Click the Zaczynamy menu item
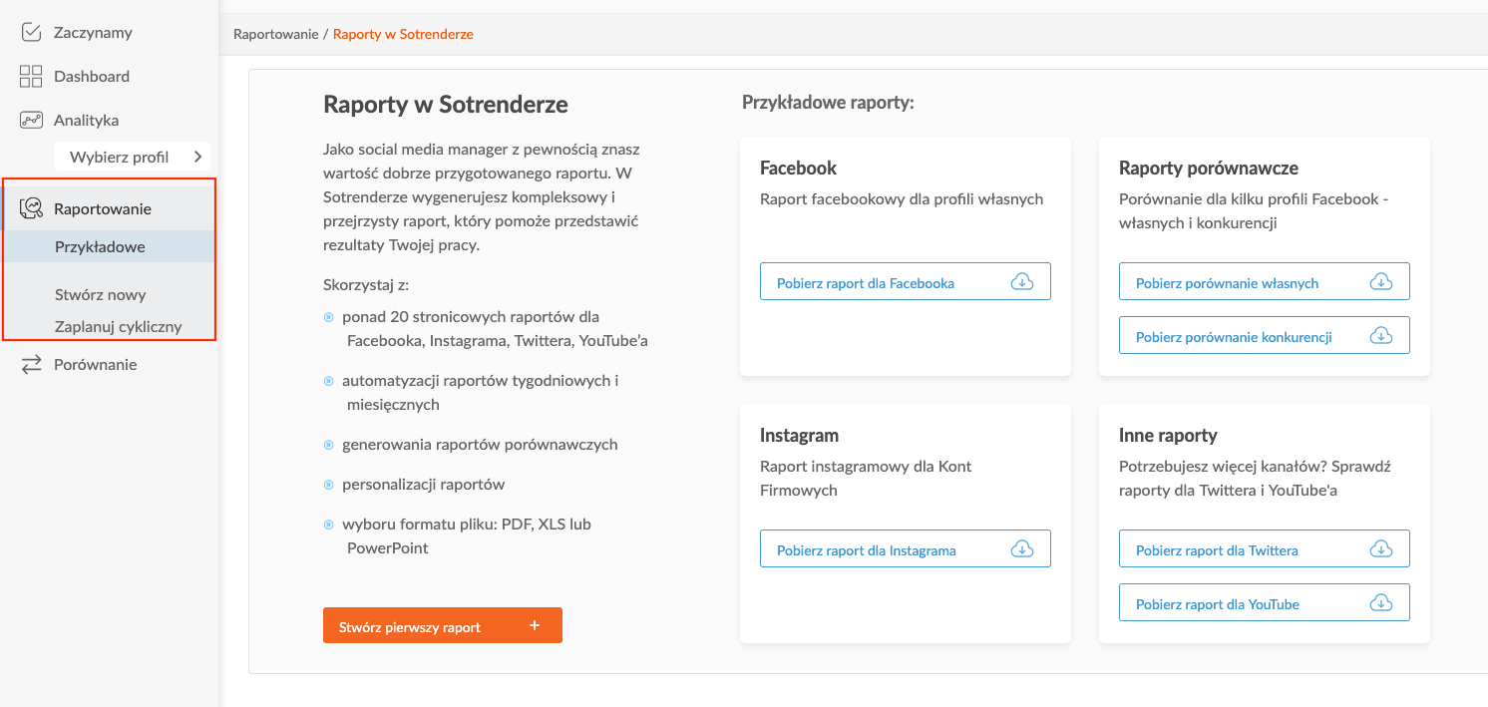tap(92, 33)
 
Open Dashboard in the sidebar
tap(91, 77)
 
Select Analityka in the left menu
tap(86, 121)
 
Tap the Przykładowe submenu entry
tap(100, 247)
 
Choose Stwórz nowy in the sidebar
tap(100, 295)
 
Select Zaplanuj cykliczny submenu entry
tap(118, 327)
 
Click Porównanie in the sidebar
tap(95, 365)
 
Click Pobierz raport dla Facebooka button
tap(905, 282)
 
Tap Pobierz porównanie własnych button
tap(1264, 282)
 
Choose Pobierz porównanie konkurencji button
tap(1264, 336)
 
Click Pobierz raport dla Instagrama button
tap(905, 549)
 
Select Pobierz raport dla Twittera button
tap(1264, 549)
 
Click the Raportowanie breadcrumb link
tap(275, 34)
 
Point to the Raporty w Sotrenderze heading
tap(445, 105)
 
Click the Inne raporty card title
tap(1168, 436)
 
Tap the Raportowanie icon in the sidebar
tap(32, 208)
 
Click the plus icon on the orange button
tap(535, 626)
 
